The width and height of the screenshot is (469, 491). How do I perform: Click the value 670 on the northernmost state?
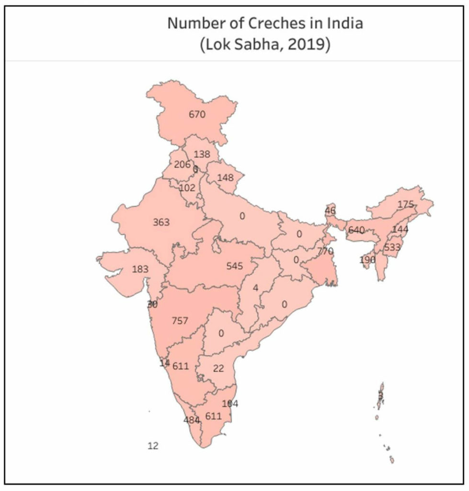click(197, 115)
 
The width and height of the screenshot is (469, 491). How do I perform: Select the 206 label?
click(182, 164)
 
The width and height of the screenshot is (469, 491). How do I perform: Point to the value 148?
click(225, 177)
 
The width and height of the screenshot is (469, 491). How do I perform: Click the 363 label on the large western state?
click(161, 222)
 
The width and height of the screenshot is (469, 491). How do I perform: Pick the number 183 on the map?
click(140, 269)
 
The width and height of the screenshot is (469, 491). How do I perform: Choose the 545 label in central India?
click(235, 266)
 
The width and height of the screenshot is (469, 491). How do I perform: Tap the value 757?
click(180, 320)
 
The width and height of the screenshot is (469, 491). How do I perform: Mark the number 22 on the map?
click(218, 368)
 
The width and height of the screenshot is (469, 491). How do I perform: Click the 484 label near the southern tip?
click(192, 420)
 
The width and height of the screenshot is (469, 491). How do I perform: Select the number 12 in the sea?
click(153, 446)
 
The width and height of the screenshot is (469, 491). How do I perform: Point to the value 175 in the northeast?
click(405, 204)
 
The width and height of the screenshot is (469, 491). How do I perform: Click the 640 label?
click(356, 230)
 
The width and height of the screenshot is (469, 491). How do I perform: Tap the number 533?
click(392, 248)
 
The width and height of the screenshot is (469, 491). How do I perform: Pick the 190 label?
click(368, 260)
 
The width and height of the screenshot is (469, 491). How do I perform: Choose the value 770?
click(325, 251)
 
